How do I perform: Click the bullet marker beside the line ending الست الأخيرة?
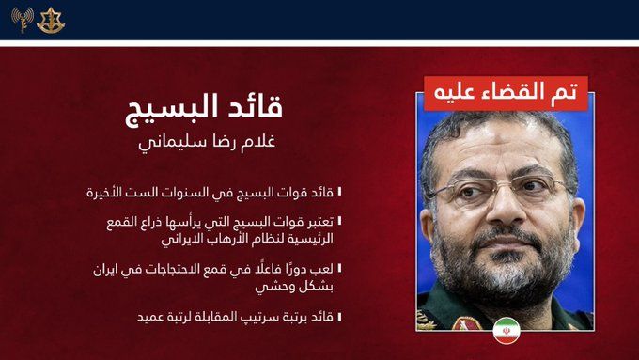pyautogui.click(x=340, y=192)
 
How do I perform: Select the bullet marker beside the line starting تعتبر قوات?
pyautogui.click(x=340, y=221)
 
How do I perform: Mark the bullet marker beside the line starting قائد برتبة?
pyautogui.click(x=340, y=317)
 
